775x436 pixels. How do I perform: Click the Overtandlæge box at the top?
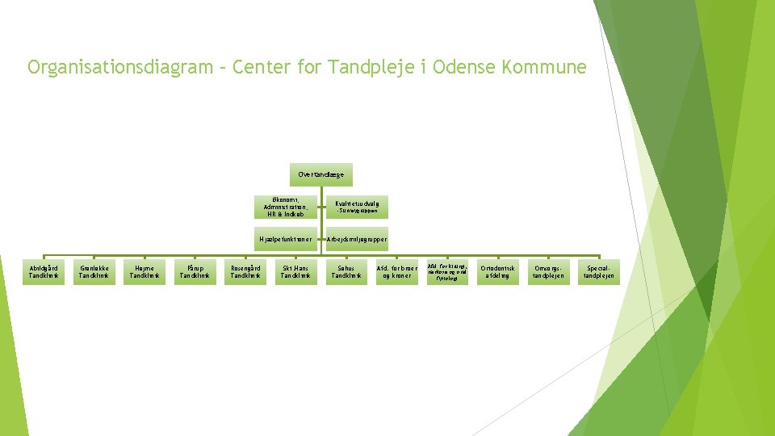pyautogui.click(x=320, y=174)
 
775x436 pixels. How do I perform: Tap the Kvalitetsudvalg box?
pyautogui.click(x=358, y=207)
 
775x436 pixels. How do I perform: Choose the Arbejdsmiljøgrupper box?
pyautogui.click(x=358, y=239)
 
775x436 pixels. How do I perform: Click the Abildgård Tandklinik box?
pyautogui.click(x=44, y=272)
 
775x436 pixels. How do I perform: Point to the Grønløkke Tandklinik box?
pyautogui.click(x=94, y=272)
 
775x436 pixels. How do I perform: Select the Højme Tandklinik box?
pyautogui.click(x=145, y=272)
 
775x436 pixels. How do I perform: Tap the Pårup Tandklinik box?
pyautogui.click(x=195, y=272)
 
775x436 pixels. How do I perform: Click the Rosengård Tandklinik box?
pyautogui.click(x=245, y=272)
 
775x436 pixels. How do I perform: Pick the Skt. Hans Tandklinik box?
pyautogui.click(x=295, y=272)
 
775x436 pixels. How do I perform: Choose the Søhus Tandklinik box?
pyautogui.click(x=346, y=272)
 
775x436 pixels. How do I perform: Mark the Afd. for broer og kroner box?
pyautogui.click(x=396, y=272)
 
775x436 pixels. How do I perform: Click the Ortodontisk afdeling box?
pyautogui.click(x=496, y=272)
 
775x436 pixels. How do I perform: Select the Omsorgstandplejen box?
pyautogui.click(x=547, y=272)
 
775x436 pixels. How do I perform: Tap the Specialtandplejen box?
pyautogui.click(x=600, y=272)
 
